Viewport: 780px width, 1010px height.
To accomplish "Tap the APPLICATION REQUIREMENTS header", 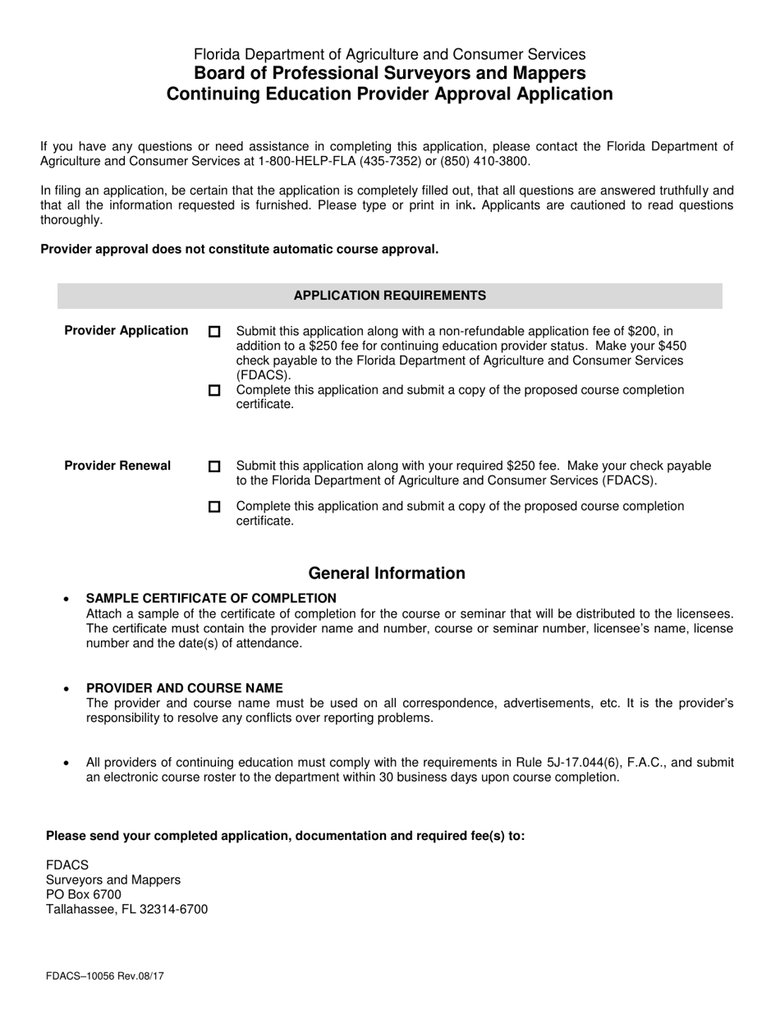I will pyautogui.click(x=389, y=296).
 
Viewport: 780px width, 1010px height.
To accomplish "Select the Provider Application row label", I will pyautogui.click(x=126, y=331).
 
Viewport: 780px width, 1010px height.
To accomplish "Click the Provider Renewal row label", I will pyautogui.click(x=117, y=466).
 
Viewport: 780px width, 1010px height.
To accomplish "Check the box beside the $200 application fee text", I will pyautogui.click(x=214, y=332).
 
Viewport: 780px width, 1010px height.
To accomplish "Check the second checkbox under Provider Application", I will pyautogui.click(x=214, y=391).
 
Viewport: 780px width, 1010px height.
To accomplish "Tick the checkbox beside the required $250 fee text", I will pyautogui.click(x=214, y=466).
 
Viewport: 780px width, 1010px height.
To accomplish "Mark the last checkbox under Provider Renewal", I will pyautogui.click(x=214, y=507).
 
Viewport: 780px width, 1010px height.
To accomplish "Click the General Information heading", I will pyautogui.click(x=386, y=573).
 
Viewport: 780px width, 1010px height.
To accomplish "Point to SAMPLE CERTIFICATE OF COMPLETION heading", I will pyautogui.click(x=211, y=599).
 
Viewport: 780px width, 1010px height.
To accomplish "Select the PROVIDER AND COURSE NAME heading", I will pyautogui.click(x=184, y=688).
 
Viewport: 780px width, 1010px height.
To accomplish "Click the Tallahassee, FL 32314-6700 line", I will pyautogui.click(x=126, y=910).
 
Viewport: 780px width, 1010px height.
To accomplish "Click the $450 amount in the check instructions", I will pyautogui.click(x=671, y=347).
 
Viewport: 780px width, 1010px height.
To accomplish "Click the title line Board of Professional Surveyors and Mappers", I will pyautogui.click(x=389, y=74).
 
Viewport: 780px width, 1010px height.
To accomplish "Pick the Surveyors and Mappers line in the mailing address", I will pyautogui.click(x=113, y=880).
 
